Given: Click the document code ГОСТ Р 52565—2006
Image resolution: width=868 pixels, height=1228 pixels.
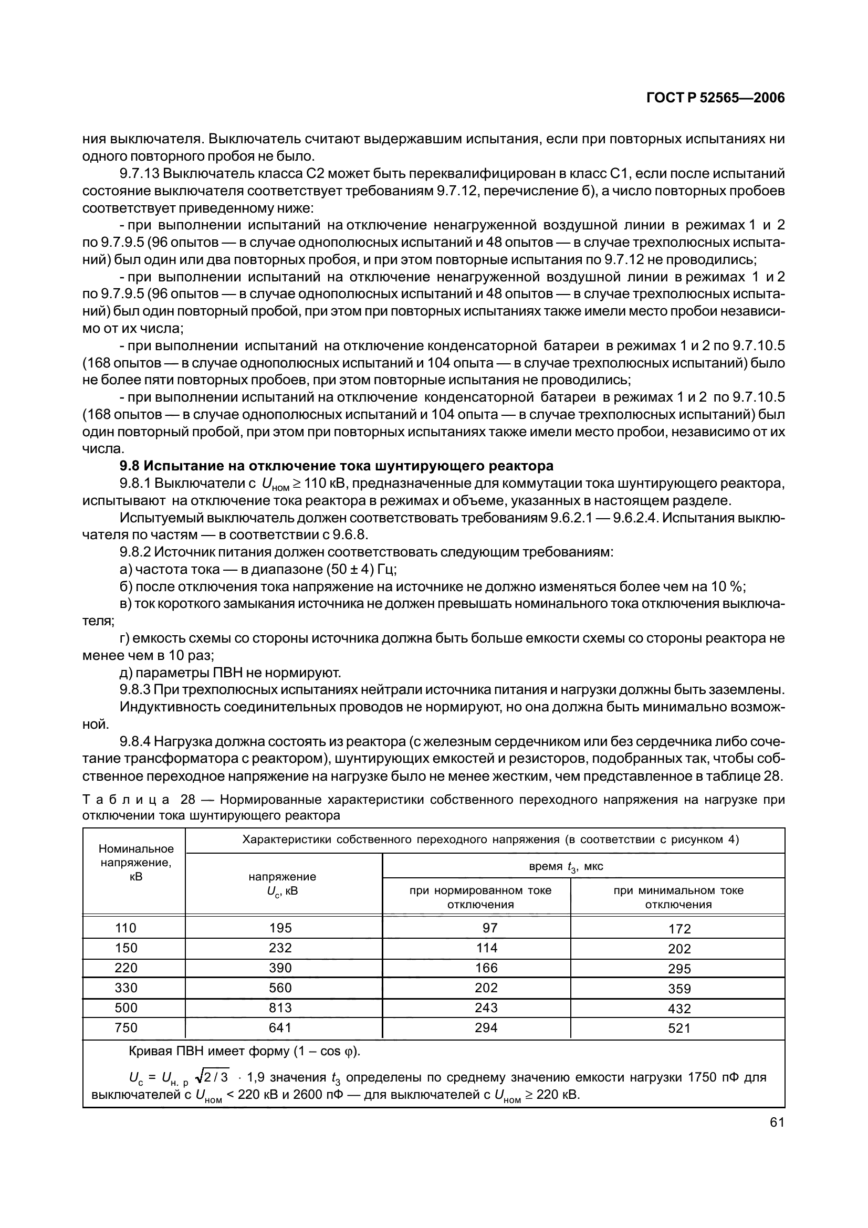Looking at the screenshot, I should tap(716, 98).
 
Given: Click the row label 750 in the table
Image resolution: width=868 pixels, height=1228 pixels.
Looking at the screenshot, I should tap(126, 1028).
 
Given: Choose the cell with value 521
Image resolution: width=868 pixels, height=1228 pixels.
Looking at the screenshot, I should tap(679, 1028).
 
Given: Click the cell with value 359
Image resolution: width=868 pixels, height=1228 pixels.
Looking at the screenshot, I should tap(679, 989).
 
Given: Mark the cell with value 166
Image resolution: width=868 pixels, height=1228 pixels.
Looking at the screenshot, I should tap(486, 968).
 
